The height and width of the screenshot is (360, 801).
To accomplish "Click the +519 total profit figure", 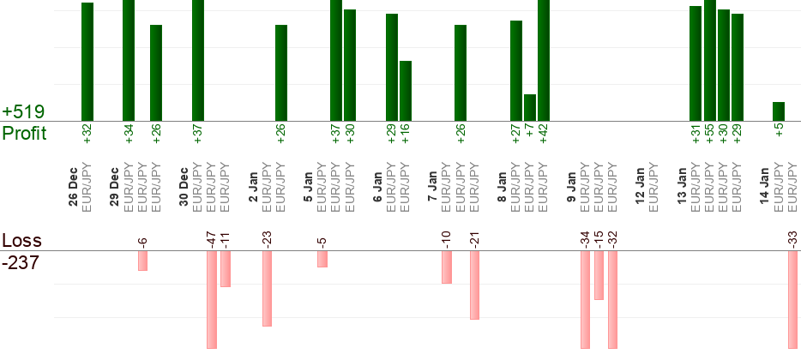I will (x=23, y=112).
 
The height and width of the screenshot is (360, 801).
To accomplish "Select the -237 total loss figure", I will (x=21, y=263).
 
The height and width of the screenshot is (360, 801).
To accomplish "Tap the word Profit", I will (x=24, y=133).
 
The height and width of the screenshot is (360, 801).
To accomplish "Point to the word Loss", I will (x=21, y=241).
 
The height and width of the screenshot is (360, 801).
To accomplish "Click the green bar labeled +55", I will (x=709, y=60).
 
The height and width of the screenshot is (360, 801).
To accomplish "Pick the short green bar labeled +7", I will (x=530, y=107).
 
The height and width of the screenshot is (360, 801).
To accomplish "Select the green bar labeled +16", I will (x=406, y=90).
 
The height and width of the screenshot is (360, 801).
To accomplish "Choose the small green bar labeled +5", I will (x=779, y=111).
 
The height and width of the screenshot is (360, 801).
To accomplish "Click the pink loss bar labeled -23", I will (x=267, y=288).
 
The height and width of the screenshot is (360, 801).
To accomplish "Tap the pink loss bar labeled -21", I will (x=474, y=285).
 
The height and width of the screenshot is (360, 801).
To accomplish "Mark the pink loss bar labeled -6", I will (x=143, y=261).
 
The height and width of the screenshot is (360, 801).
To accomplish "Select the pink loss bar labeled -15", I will (x=599, y=275).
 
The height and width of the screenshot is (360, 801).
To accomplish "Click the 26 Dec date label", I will (x=73, y=188).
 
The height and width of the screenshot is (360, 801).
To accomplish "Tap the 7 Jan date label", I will (x=432, y=188).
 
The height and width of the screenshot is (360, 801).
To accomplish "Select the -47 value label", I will (x=211, y=238).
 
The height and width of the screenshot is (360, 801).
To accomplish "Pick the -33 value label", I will (x=792, y=238).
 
